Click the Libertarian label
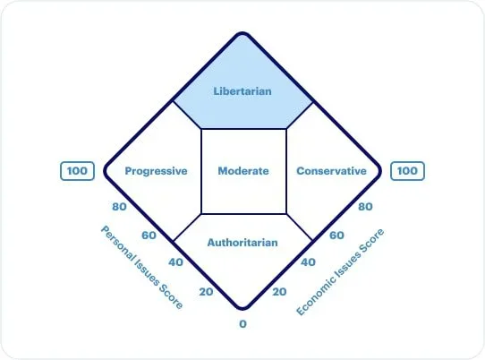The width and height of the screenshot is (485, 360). point(242,91)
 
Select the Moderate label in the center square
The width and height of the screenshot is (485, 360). point(243,171)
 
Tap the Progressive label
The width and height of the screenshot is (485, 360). point(156,171)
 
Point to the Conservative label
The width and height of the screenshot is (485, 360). point(332,171)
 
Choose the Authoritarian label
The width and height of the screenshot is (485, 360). point(242,243)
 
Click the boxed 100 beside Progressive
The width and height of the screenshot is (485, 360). point(77,171)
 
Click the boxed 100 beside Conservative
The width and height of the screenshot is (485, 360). point(408,171)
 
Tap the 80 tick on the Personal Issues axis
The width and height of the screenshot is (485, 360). point(119,207)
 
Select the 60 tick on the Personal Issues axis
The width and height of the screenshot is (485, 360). point(149,236)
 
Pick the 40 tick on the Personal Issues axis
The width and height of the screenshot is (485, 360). point(175,262)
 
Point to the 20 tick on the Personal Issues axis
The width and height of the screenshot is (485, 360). point(206,292)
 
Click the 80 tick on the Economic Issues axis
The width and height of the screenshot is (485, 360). point(365,207)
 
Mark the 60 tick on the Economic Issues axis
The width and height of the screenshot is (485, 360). point(336,236)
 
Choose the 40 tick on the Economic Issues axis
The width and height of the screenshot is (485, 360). point(308,262)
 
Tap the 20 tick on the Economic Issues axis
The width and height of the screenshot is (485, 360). point(279,292)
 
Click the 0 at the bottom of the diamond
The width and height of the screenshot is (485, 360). point(242,324)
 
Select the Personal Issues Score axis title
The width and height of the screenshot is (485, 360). point(142,267)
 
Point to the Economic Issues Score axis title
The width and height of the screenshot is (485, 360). point(340,271)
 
